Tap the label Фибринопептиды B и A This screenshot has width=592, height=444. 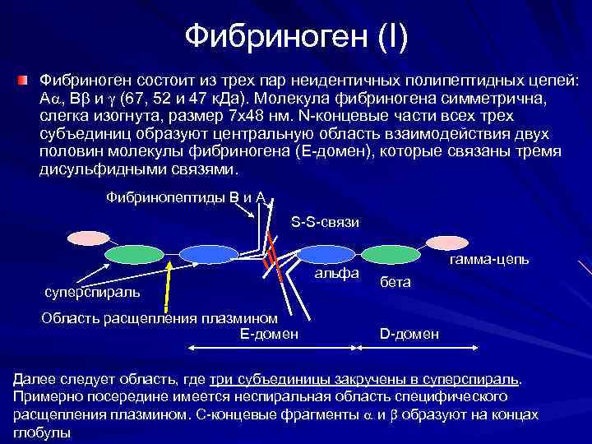[x=186, y=197]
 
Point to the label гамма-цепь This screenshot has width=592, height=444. [x=488, y=260]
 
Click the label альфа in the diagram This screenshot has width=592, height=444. [x=338, y=272]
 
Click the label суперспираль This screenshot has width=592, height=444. [x=91, y=291]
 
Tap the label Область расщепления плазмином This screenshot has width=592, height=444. [x=159, y=318]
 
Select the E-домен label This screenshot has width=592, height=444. [x=269, y=333]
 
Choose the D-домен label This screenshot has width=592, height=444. [x=409, y=334]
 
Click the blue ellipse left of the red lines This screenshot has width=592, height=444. [x=201, y=255]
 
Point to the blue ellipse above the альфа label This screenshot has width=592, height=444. [x=325, y=256]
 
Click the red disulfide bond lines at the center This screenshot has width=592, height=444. [x=271, y=259]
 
